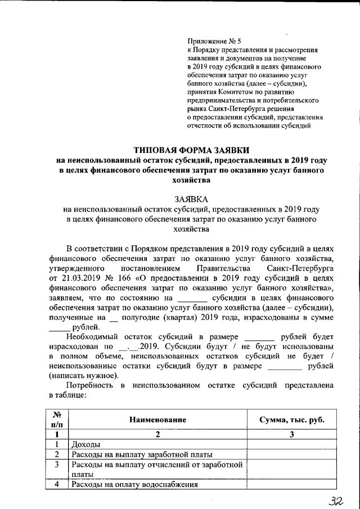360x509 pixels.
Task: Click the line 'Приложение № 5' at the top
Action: tap(214, 40)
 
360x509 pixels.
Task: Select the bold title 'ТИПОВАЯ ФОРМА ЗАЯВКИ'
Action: tap(192, 150)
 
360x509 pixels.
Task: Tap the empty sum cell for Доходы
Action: tap(291, 444)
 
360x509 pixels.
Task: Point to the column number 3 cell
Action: tap(291, 434)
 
